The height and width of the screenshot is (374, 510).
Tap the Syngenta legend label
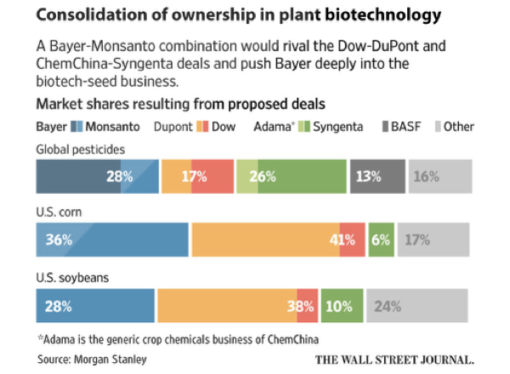pyautogui.click(x=339, y=127)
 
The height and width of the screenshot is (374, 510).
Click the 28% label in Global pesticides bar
pyautogui.click(x=119, y=177)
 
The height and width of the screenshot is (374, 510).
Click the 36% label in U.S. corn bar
pyautogui.click(x=59, y=240)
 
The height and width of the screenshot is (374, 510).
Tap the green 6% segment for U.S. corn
pyautogui.click(x=382, y=240)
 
